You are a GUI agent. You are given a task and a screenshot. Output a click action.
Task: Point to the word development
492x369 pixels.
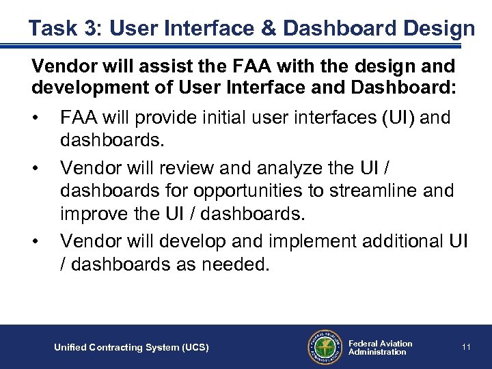[x=84, y=88]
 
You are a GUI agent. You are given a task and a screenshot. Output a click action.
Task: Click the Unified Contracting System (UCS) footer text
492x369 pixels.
[x=131, y=348]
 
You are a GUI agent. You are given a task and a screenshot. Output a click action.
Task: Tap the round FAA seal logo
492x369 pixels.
[x=324, y=347]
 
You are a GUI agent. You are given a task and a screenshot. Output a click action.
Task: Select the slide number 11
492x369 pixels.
[x=466, y=347]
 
